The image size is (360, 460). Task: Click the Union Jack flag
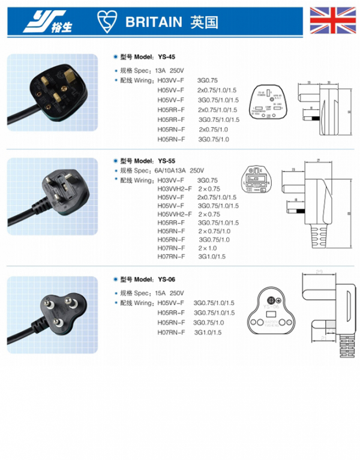click(x=332, y=20)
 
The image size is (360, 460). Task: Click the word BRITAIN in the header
click(x=153, y=22)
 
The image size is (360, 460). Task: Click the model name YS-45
click(x=167, y=57)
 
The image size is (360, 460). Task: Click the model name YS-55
click(x=167, y=161)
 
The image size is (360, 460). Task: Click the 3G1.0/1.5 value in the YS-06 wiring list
click(x=208, y=332)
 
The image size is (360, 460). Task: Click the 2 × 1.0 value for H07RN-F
click(x=208, y=248)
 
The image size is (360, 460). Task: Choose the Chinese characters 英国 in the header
click(x=202, y=22)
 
